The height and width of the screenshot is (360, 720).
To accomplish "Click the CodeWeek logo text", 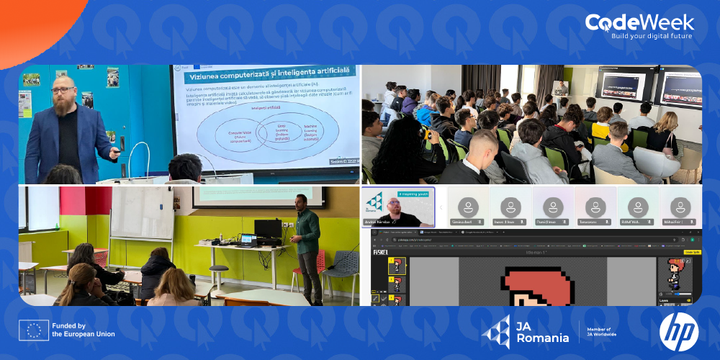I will coord(639,22).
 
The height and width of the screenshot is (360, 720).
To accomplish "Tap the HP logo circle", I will coord(678,330).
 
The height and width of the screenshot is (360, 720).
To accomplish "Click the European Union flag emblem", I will coord(34,330).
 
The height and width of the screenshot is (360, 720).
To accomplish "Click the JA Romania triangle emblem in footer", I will coord(495,331).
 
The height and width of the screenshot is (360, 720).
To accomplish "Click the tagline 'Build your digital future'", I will coord(652,36).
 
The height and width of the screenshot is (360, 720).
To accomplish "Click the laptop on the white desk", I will coord(248,239).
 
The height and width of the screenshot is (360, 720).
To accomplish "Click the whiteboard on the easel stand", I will coord(142,214).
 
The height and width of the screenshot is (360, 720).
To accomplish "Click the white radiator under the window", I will coord(25,252).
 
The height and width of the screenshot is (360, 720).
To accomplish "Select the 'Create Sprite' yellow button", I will coord(692,252).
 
